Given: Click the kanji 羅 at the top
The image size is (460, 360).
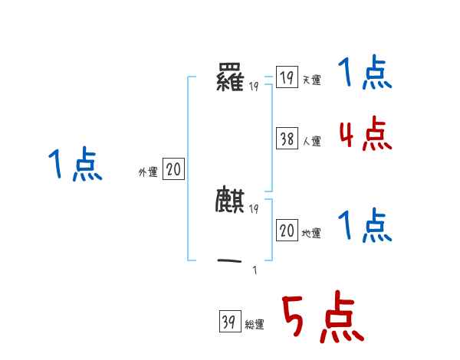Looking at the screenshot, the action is click(231, 78).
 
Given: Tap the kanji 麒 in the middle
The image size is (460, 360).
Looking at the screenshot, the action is click(231, 200).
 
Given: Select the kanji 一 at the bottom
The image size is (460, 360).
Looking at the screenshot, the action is click(231, 261).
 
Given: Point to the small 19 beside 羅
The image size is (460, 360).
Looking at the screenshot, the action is click(254, 87).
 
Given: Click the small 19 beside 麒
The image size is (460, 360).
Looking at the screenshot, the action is click(254, 208).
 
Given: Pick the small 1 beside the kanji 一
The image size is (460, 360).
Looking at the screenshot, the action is click(255, 270).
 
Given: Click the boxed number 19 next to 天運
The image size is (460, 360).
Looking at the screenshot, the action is click(287, 77).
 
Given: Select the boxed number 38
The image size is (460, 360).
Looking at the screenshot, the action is click(287, 139).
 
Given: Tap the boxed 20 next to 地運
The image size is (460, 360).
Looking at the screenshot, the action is click(287, 231).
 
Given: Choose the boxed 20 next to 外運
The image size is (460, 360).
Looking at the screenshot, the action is click(173, 169).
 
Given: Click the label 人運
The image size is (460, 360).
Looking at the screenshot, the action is click(311, 142).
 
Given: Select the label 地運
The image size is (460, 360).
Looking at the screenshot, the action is click(311, 234).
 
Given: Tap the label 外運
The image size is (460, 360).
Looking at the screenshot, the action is click(148, 172).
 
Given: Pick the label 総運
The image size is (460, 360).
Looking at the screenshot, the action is click(255, 326).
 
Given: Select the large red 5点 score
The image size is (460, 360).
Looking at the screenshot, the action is click(321, 318).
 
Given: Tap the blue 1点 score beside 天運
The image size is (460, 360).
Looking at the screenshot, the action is click(365, 74).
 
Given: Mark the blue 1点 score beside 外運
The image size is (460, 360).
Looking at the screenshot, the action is click(75, 165).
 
